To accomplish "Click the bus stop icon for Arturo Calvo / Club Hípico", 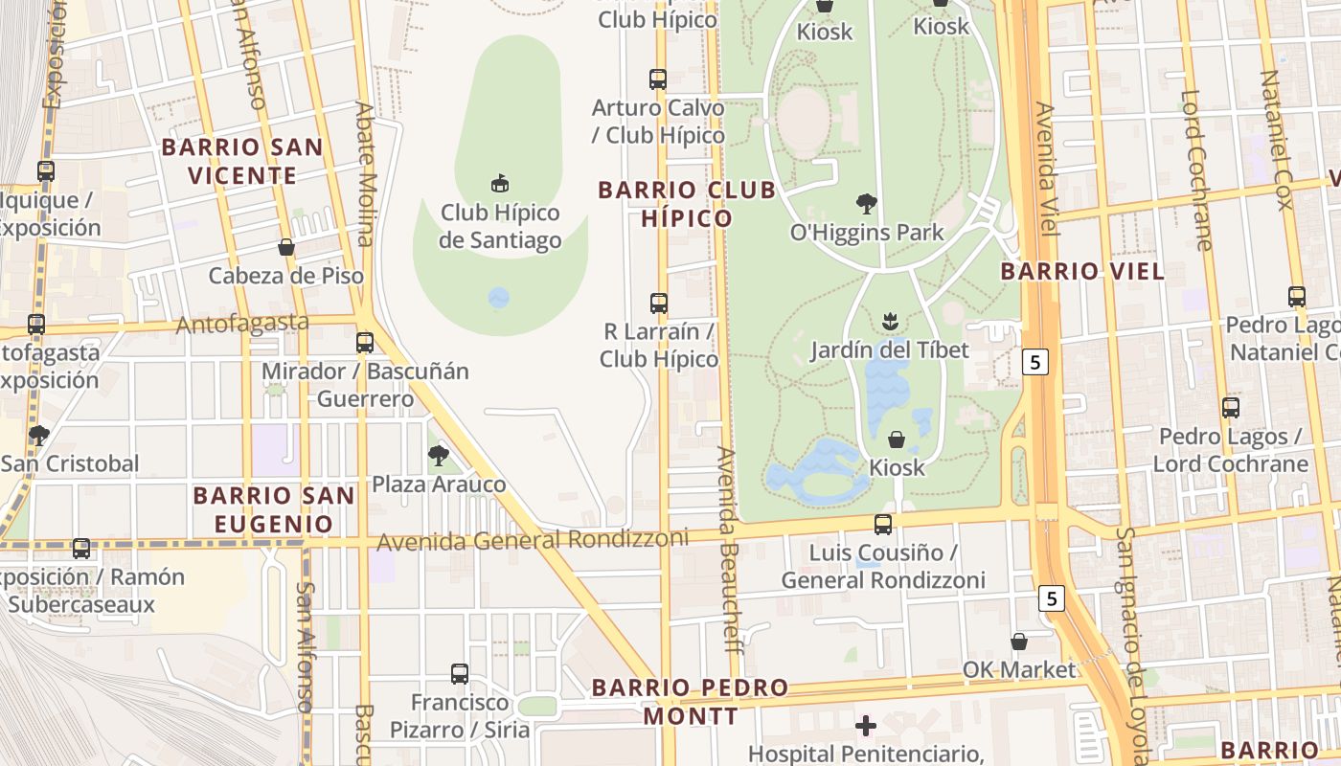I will click(x=658, y=79).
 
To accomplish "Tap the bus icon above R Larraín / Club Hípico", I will click(x=659, y=304).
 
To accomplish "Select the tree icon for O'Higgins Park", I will click(x=867, y=204).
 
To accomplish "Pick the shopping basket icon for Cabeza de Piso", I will click(x=286, y=247).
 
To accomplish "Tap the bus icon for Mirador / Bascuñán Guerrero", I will click(x=365, y=343).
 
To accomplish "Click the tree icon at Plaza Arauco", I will click(x=439, y=455).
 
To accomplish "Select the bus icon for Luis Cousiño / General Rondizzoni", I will click(x=883, y=525).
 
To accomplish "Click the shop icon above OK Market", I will click(x=1019, y=642).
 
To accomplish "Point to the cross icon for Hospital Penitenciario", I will click(x=866, y=726).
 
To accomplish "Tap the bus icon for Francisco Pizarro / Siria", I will click(x=460, y=674).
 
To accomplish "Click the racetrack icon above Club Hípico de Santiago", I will click(x=499, y=183).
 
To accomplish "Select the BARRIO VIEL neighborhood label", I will click(x=1082, y=271).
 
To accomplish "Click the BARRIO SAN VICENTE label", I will click(x=242, y=162).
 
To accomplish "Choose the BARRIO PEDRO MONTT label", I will click(x=690, y=702).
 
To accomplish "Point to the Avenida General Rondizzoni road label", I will click(x=533, y=540).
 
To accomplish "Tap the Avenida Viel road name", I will click(x=1046, y=169).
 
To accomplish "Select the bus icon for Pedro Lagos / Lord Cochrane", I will click(x=1231, y=408).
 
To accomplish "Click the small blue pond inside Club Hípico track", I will click(x=499, y=299).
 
